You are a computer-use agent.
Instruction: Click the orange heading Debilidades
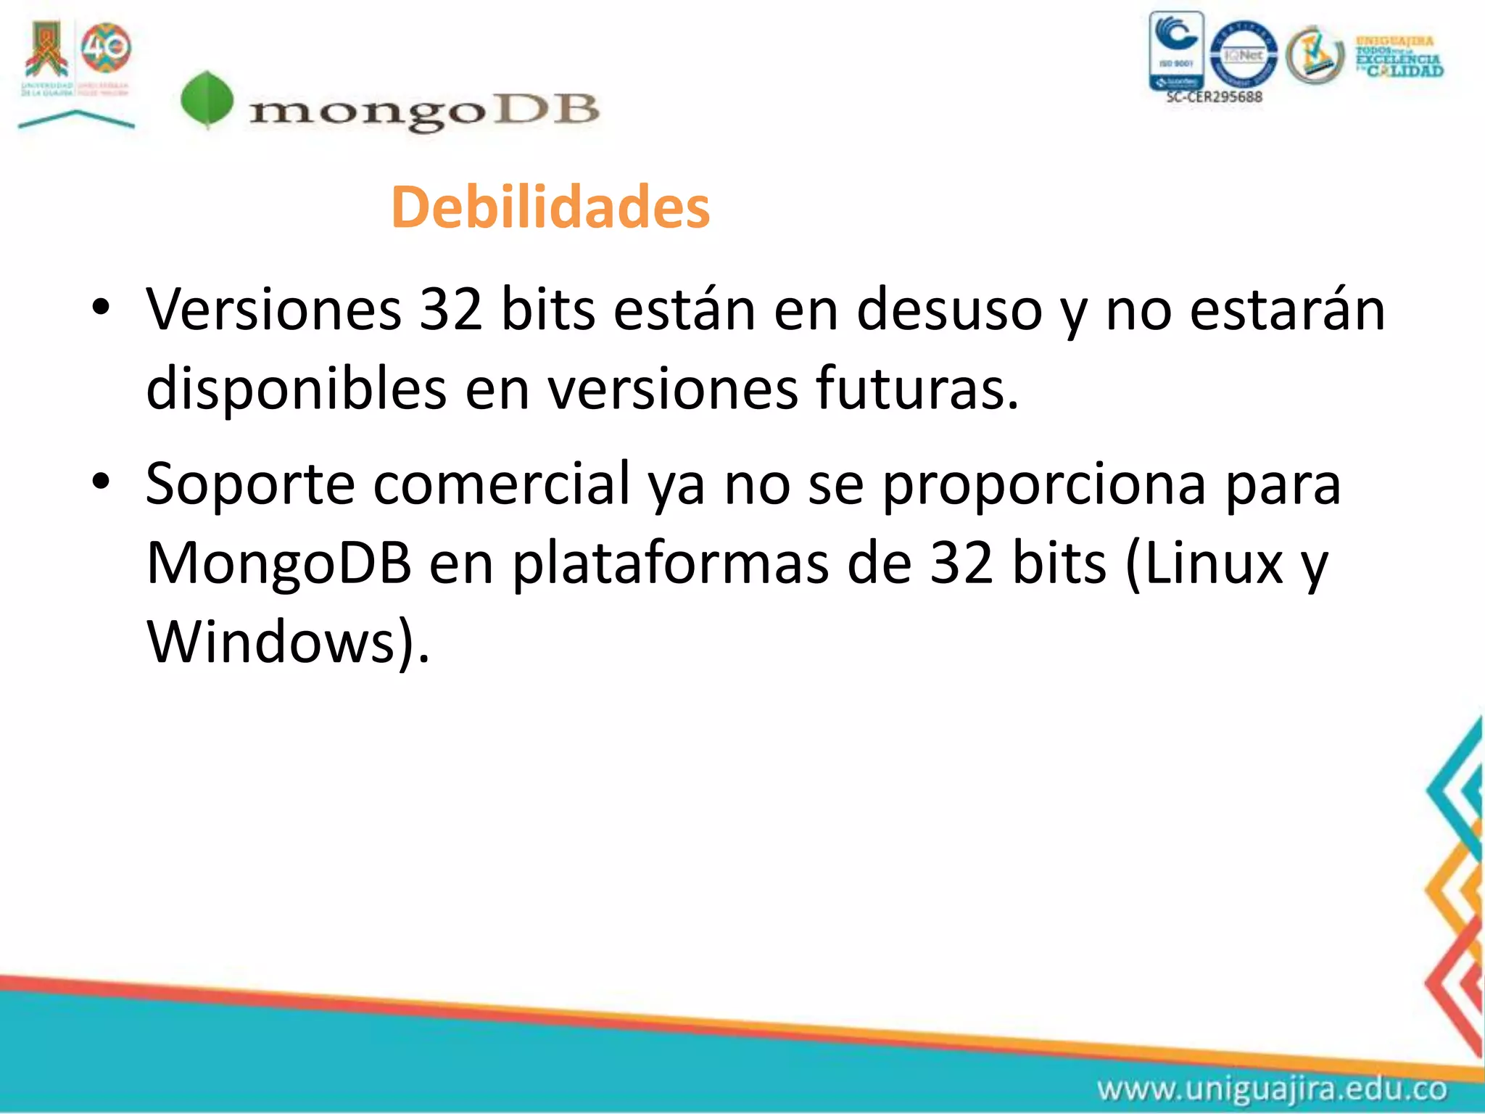click(x=550, y=208)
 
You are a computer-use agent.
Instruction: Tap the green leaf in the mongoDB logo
click(x=207, y=100)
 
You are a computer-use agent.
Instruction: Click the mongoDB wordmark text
click(x=424, y=112)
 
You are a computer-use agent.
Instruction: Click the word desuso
click(x=949, y=310)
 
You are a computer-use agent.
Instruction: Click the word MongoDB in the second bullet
click(x=279, y=564)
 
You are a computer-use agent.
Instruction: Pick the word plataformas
click(x=670, y=564)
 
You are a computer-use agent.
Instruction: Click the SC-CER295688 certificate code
click(x=1214, y=97)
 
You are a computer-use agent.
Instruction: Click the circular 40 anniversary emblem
click(x=106, y=48)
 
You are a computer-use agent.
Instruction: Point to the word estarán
click(x=1288, y=310)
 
